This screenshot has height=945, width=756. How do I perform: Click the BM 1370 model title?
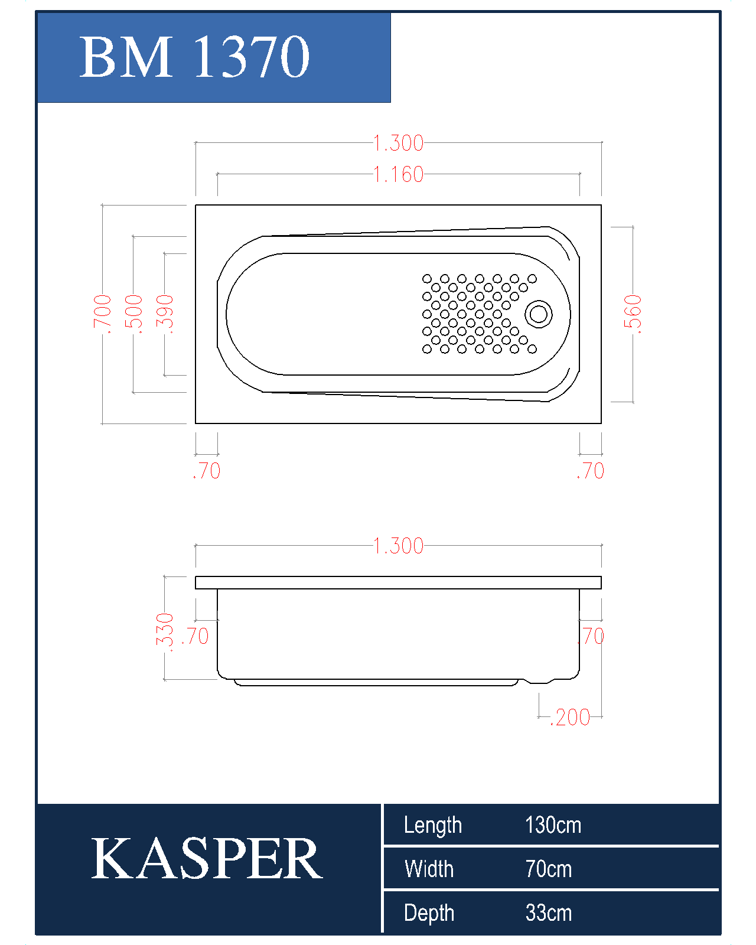(194, 57)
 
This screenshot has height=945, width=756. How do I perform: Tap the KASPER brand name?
(207, 858)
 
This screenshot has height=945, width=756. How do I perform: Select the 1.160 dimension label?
(399, 174)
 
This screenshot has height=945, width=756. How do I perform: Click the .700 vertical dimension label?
(102, 314)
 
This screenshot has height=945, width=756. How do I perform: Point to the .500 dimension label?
(133, 314)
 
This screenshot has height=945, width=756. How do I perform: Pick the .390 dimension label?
(165, 314)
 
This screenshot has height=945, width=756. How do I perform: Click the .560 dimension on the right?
(633, 314)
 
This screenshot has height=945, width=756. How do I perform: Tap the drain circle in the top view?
(539, 314)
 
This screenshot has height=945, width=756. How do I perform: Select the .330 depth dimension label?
(165, 632)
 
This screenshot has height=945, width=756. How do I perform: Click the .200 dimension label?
(570, 718)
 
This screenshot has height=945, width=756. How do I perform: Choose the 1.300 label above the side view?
(399, 546)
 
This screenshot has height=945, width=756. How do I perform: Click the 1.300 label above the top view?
(399, 143)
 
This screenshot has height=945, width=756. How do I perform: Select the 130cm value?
(553, 825)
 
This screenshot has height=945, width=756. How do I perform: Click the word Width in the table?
(429, 869)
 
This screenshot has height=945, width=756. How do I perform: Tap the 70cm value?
(549, 869)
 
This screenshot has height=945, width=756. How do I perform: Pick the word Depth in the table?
(429, 914)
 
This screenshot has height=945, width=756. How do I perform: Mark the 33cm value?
(549, 913)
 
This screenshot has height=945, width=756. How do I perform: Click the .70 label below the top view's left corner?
(207, 471)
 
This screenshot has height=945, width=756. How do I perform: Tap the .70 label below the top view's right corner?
(591, 471)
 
